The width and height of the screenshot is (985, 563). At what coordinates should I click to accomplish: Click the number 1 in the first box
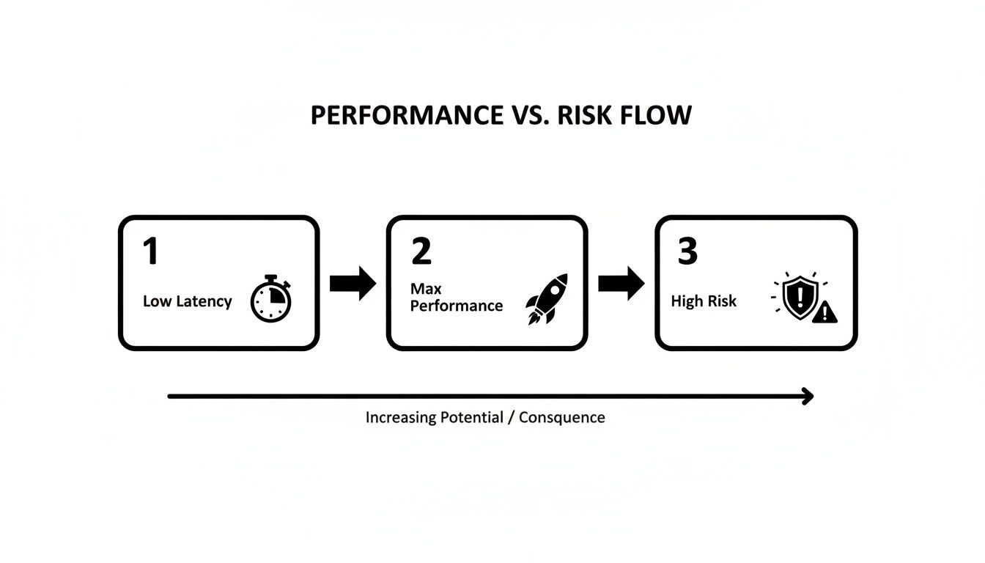coord(150,251)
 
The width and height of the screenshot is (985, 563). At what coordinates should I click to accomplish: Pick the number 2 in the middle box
coord(421,251)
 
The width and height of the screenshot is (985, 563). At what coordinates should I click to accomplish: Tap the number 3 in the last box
coord(687,251)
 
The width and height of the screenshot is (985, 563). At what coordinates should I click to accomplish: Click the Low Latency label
coord(187,301)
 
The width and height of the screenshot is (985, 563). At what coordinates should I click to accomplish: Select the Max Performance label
coord(456,298)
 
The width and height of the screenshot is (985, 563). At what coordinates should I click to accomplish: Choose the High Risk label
coord(704,301)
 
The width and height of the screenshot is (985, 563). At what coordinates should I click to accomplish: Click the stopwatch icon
coord(270,299)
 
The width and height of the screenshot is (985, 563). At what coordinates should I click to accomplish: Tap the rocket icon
coord(547,299)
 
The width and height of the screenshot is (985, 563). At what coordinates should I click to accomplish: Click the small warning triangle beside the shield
coord(824,313)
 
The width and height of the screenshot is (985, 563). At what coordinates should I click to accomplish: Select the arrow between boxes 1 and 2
coord(353,284)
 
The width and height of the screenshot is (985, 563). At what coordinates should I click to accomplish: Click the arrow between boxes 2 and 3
coord(621,284)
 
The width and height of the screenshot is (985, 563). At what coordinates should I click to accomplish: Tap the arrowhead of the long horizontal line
coord(808,397)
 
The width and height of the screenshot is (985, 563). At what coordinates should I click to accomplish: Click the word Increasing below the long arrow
coord(401,418)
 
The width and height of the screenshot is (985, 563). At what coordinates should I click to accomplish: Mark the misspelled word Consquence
coord(562,418)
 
